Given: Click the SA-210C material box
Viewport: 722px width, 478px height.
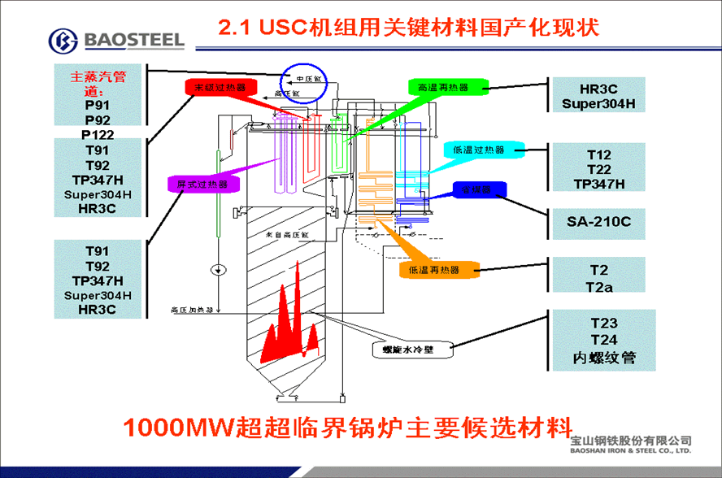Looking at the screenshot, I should click(x=598, y=220).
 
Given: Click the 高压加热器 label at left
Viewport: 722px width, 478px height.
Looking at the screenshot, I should click(x=192, y=310).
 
